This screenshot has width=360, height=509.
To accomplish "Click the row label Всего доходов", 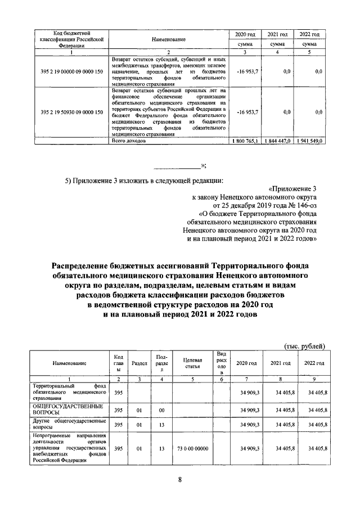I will click(x=129, y=141).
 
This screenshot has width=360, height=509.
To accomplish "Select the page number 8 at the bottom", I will click(x=180, y=479).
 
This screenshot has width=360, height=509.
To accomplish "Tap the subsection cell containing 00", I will click(x=161, y=410).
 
